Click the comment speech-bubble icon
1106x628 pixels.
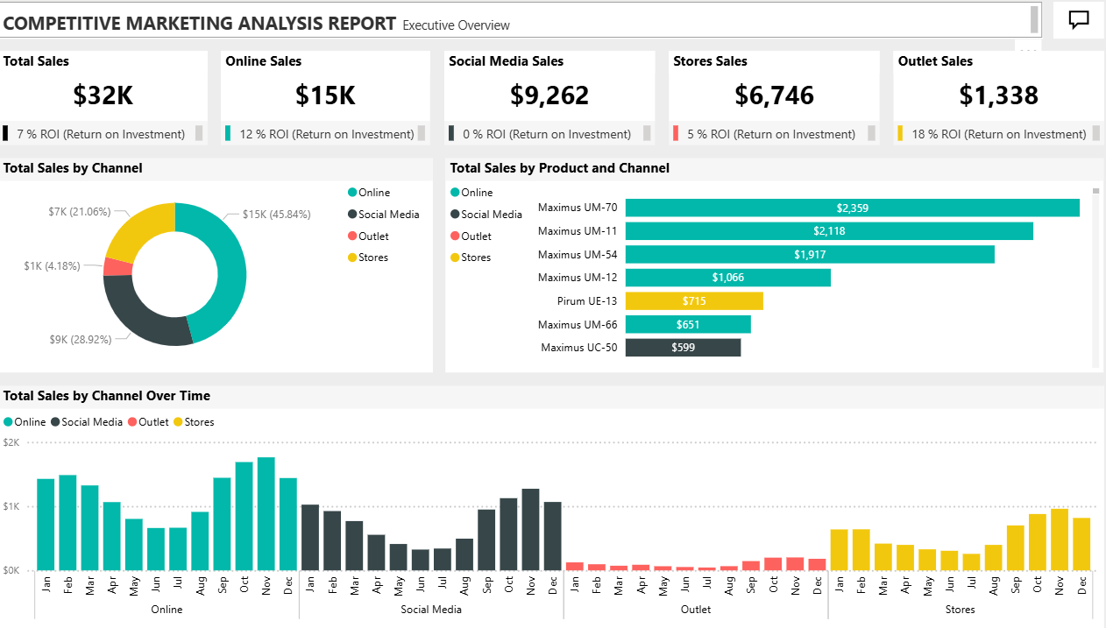tap(1079, 20)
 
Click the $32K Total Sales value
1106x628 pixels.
tap(103, 95)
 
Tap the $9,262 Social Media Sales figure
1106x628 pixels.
tap(549, 95)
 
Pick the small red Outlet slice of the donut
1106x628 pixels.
tap(117, 266)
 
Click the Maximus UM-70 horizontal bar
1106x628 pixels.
tap(852, 208)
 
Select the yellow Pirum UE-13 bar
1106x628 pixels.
tap(693, 301)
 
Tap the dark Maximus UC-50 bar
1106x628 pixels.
tap(683, 348)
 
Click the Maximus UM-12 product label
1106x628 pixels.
tap(577, 278)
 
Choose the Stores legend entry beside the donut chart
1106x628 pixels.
tap(372, 258)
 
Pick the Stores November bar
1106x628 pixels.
tap(1060, 540)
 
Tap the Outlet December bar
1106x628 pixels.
tap(817, 564)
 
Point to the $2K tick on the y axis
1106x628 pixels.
tap(11, 442)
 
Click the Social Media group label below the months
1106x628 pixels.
tap(430, 609)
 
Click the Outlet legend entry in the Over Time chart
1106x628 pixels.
tap(152, 422)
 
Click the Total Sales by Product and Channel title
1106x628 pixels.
tap(559, 168)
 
